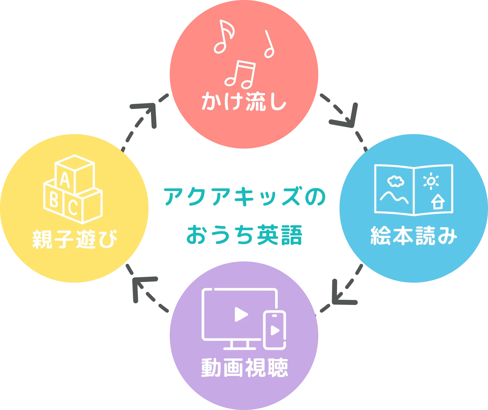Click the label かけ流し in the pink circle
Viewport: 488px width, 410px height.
[244, 102]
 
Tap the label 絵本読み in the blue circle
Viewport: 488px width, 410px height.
[413, 236]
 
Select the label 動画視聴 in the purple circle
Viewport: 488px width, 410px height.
[244, 368]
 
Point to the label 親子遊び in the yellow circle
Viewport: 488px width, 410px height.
[75, 239]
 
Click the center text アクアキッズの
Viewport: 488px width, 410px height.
[244, 197]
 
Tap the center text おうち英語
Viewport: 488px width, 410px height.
[244, 235]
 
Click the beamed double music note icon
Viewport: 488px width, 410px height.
[240, 74]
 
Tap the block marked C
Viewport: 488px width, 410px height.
[73, 207]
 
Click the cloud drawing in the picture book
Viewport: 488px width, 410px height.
[395, 181]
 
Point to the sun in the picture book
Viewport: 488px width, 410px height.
[431, 181]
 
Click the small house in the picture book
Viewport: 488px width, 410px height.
[438, 202]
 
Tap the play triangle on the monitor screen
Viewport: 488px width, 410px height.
[241, 314]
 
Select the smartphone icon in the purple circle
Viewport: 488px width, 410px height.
[275, 330]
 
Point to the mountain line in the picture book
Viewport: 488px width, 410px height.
[394, 197]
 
